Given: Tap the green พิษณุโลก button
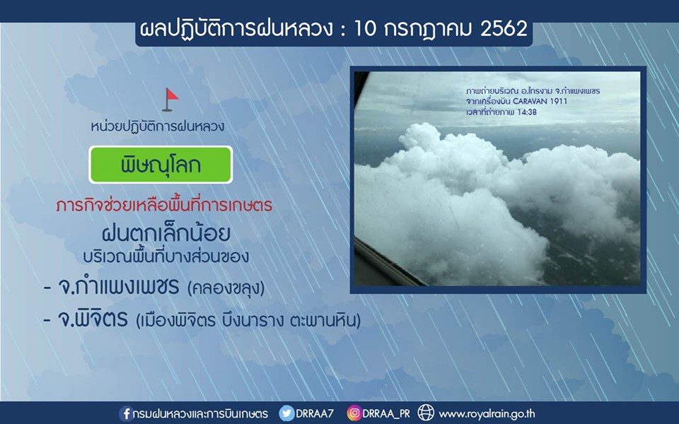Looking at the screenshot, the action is click(161, 165).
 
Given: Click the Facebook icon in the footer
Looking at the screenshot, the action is click(126, 413).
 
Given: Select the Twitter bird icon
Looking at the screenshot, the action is click(286, 413).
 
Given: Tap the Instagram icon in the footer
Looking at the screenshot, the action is click(354, 413).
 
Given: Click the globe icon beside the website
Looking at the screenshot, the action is click(426, 413).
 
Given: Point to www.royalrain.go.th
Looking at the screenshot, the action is click(487, 414).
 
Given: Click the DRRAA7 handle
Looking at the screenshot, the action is click(315, 413).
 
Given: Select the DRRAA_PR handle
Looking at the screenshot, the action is click(386, 414).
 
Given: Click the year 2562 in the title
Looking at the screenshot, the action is click(504, 29).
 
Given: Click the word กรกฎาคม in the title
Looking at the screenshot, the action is click(428, 30).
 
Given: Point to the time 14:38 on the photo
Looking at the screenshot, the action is click(527, 112).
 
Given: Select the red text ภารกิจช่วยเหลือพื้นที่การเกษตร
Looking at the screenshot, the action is click(164, 205).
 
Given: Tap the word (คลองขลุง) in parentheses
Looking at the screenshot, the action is click(226, 288).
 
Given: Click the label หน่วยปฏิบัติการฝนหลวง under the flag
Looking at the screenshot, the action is click(158, 126).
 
